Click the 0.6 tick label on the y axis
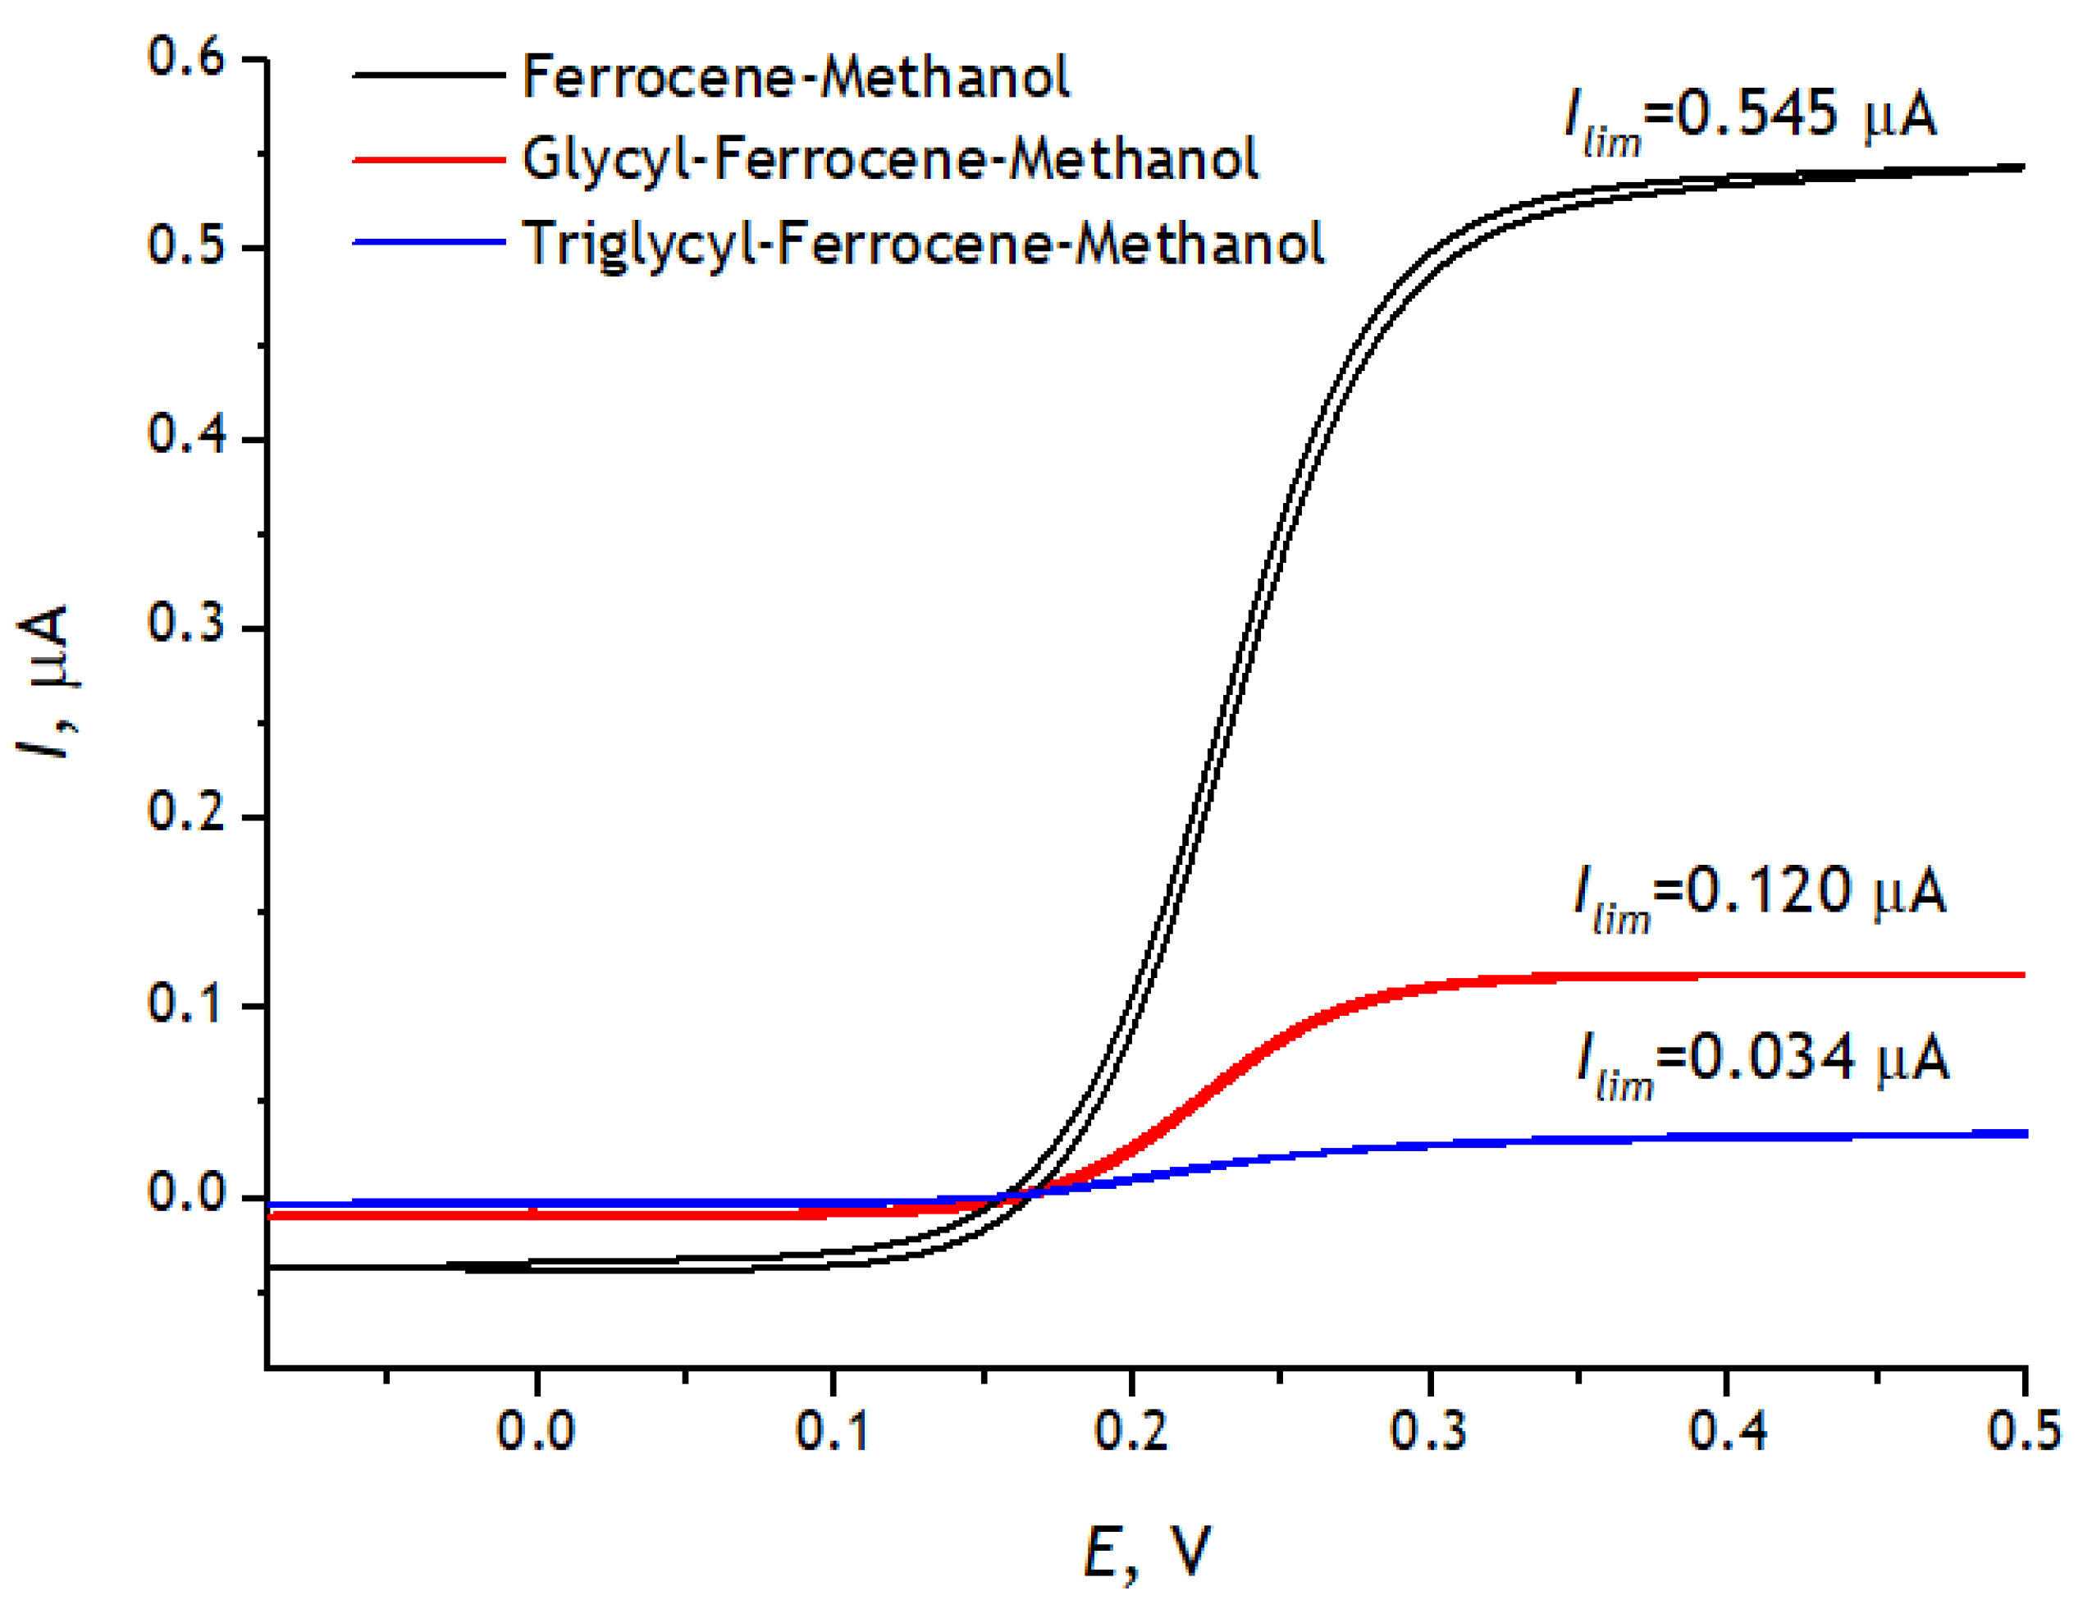tap(185, 57)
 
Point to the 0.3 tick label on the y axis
tap(185, 624)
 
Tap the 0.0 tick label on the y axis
tap(185, 1192)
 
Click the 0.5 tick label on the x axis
tap(2022, 1432)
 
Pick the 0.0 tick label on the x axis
tap(536, 1432)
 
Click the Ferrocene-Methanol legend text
tap(796, 77)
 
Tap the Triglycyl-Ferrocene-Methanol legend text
tap(923, 244)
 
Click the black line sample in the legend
tap(428, 75)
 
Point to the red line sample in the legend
tap(428, 160)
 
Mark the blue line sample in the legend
tap(428, 243)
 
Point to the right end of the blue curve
tap(2022, 1134)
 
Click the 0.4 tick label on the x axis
tap(1725, 1432)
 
